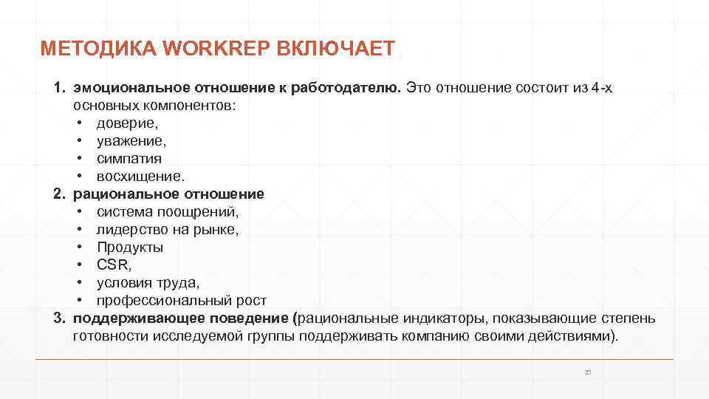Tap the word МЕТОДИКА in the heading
pyautogui.click(x=98, y=50)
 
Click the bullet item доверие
pyautogui.click(x=128, y=123)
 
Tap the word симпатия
pyautogui.click(x=129, y=159)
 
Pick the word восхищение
pyautogui.click(x=140, y=177)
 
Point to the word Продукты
pyautogui.click(x=130, y=248)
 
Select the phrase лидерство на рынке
pyautogui.click(x=168, y=230)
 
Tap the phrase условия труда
pyautogui.click(x=148, y=283)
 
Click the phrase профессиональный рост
pyautogui.click(x=181, y=301)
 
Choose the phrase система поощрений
pyautogui.click(x=168, y=212)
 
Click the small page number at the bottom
pyautogui.click(x=588, y=372)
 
